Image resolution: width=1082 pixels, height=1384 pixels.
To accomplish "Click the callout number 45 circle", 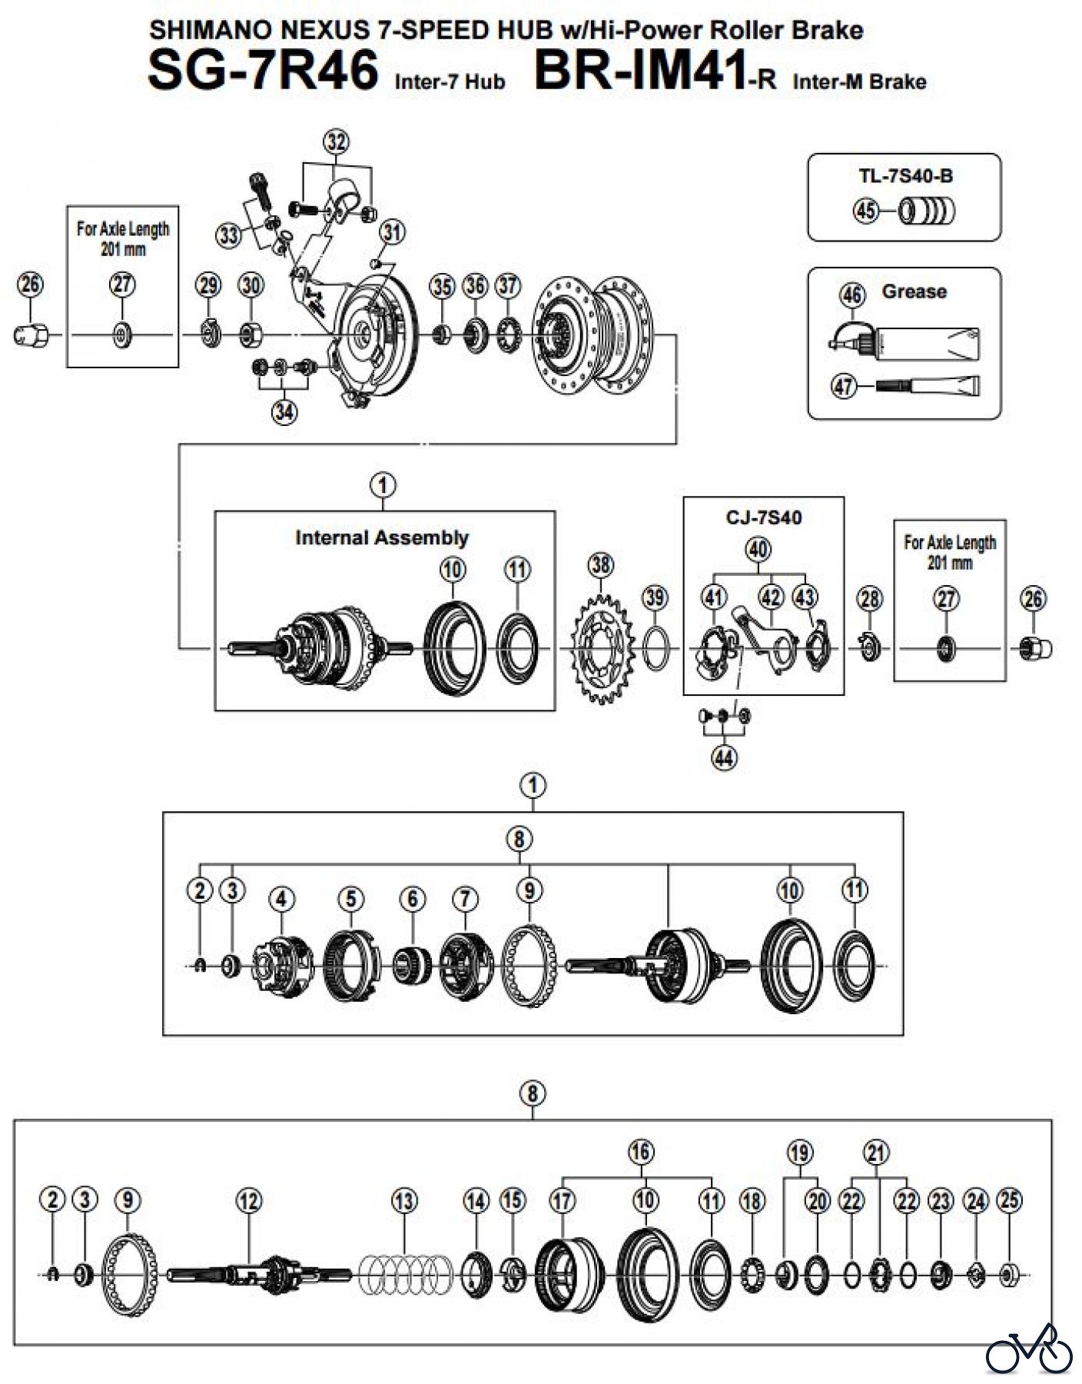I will click(866, 210).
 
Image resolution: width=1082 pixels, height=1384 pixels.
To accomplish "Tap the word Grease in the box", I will click(914, 291).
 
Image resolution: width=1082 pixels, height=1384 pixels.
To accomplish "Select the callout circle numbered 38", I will click(601, 565).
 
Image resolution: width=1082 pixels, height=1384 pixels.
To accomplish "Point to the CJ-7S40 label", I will click(763, 517).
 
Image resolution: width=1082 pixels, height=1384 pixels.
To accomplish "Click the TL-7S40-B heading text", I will click(905, 176).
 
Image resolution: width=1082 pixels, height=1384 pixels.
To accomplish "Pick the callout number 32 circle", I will click(337, 142).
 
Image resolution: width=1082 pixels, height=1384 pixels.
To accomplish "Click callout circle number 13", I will click(404, 1200).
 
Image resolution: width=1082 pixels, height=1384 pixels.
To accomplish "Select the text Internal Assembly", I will click(381, 537).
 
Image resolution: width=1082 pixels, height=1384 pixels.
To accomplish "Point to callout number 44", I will click(724, 758).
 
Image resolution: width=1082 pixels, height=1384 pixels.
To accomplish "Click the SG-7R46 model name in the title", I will click(263, 69).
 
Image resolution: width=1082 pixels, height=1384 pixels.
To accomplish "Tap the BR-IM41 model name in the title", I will click(641, 69).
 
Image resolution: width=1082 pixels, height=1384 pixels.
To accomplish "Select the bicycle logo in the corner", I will click(1029, 1349).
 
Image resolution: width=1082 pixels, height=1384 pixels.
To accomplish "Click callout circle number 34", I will click(284, 412).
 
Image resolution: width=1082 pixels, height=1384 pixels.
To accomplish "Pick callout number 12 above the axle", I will click(249, 1200).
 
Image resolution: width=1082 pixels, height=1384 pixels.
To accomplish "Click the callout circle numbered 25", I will click(1009, 1200).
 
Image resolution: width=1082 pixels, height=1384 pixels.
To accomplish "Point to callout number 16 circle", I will click(641, 1152).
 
